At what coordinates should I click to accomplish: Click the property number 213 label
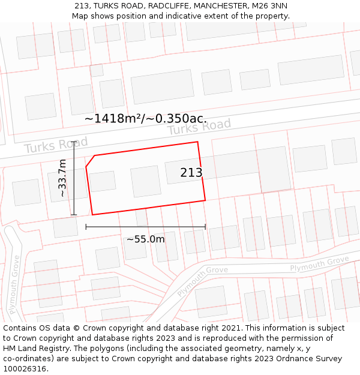(x=191, y=173)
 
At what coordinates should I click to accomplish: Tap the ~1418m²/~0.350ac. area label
(x=146, y=118)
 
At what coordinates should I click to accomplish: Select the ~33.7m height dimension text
(x=62, y=178)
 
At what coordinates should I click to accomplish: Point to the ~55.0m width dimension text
(x=145, y=239)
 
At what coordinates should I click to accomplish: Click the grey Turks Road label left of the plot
(x=56, y=145)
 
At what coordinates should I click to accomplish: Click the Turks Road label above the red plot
(x=199, y=127)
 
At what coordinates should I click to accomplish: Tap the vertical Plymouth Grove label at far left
(x=15, y=285)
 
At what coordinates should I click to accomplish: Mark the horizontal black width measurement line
(x=146, y=227)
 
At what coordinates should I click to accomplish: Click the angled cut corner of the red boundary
(x=90, y=161)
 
